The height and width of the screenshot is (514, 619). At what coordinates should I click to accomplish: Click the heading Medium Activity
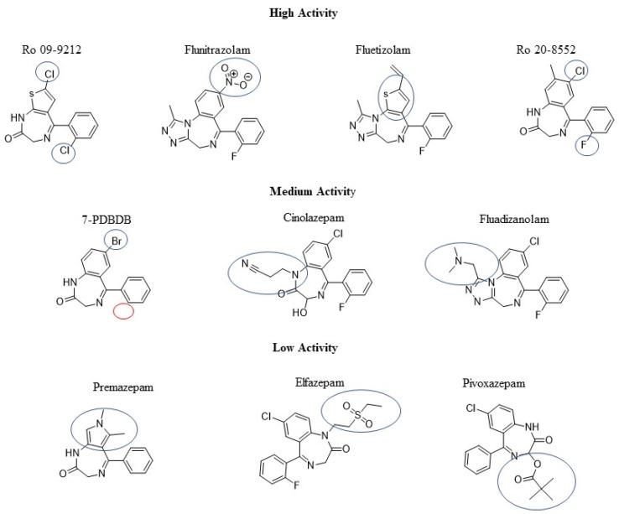click(311, 191)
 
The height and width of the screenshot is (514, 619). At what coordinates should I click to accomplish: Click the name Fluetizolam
click(379, 49)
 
